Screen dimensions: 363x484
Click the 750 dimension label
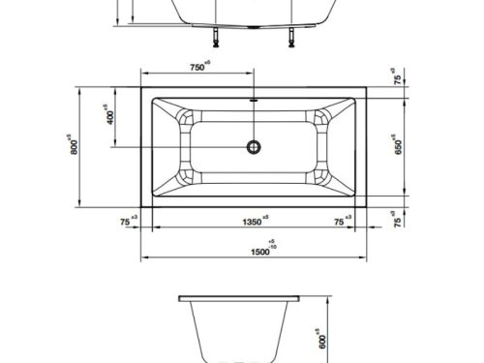click(197, 68)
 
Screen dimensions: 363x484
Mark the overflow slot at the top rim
click(255, 98)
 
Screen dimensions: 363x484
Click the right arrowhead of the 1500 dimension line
click(366, 259)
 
